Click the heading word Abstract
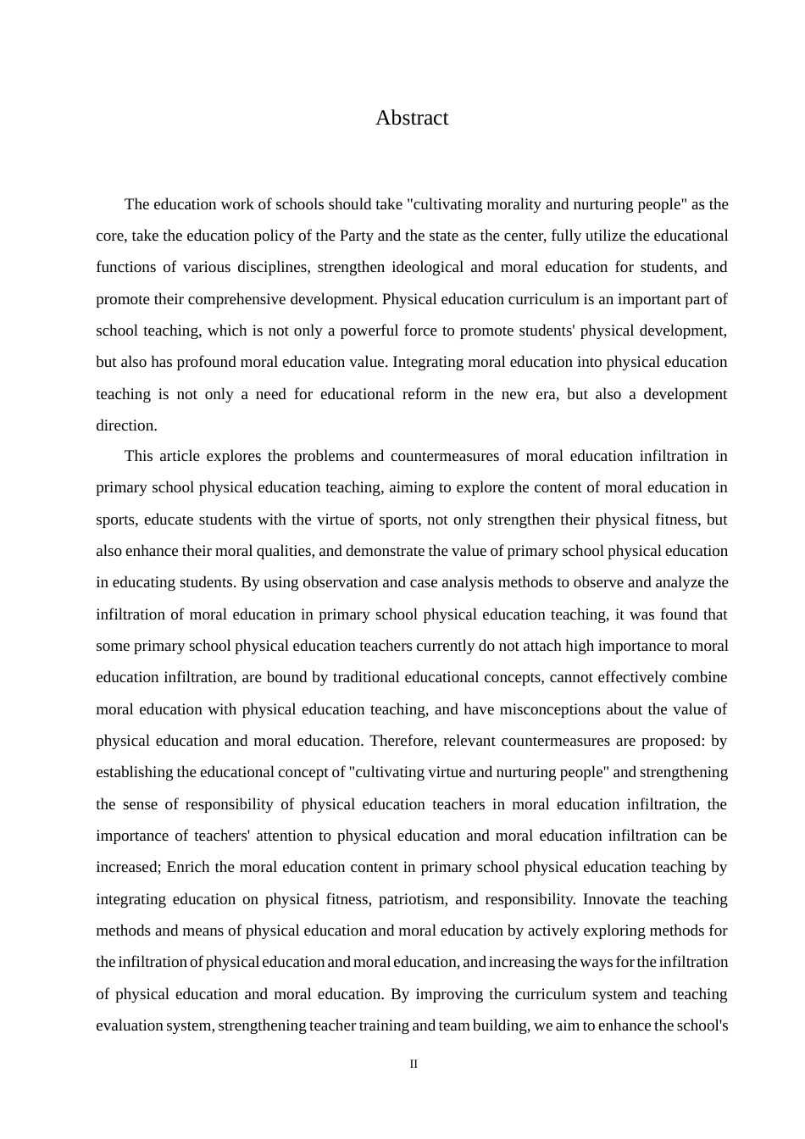click(412, 118)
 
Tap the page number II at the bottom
click(414, 1064)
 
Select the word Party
click(356, 236)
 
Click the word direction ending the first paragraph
click(125, 425)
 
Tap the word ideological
click(430, 267)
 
